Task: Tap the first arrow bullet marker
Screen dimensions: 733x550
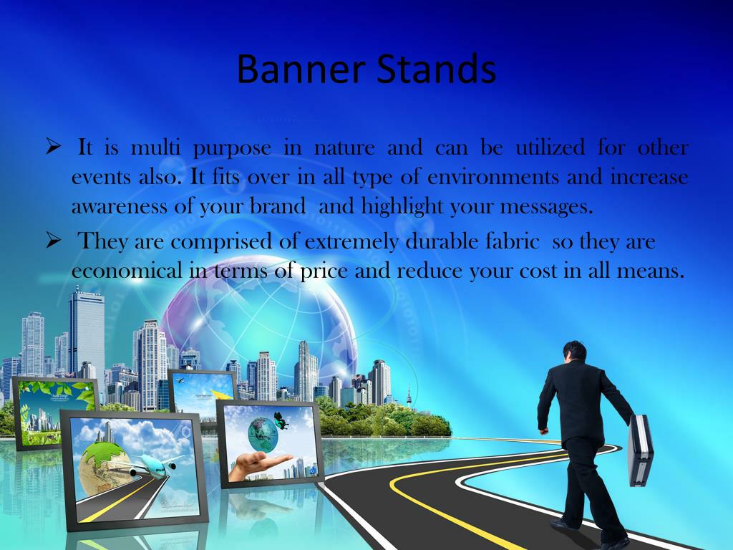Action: click(54, 148)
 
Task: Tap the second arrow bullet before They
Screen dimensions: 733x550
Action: click(54, 241)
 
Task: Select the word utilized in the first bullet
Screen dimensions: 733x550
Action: click(550, 148)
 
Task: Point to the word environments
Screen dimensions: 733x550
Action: click(492, 177)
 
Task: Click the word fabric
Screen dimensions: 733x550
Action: click(513, 242)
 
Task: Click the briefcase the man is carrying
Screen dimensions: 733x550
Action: click(639, 451)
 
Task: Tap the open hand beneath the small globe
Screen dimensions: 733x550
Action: click(258, 463)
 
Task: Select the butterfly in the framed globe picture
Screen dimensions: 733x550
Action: click(281, 420)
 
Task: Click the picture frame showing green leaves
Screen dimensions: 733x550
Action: click(56, 412)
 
